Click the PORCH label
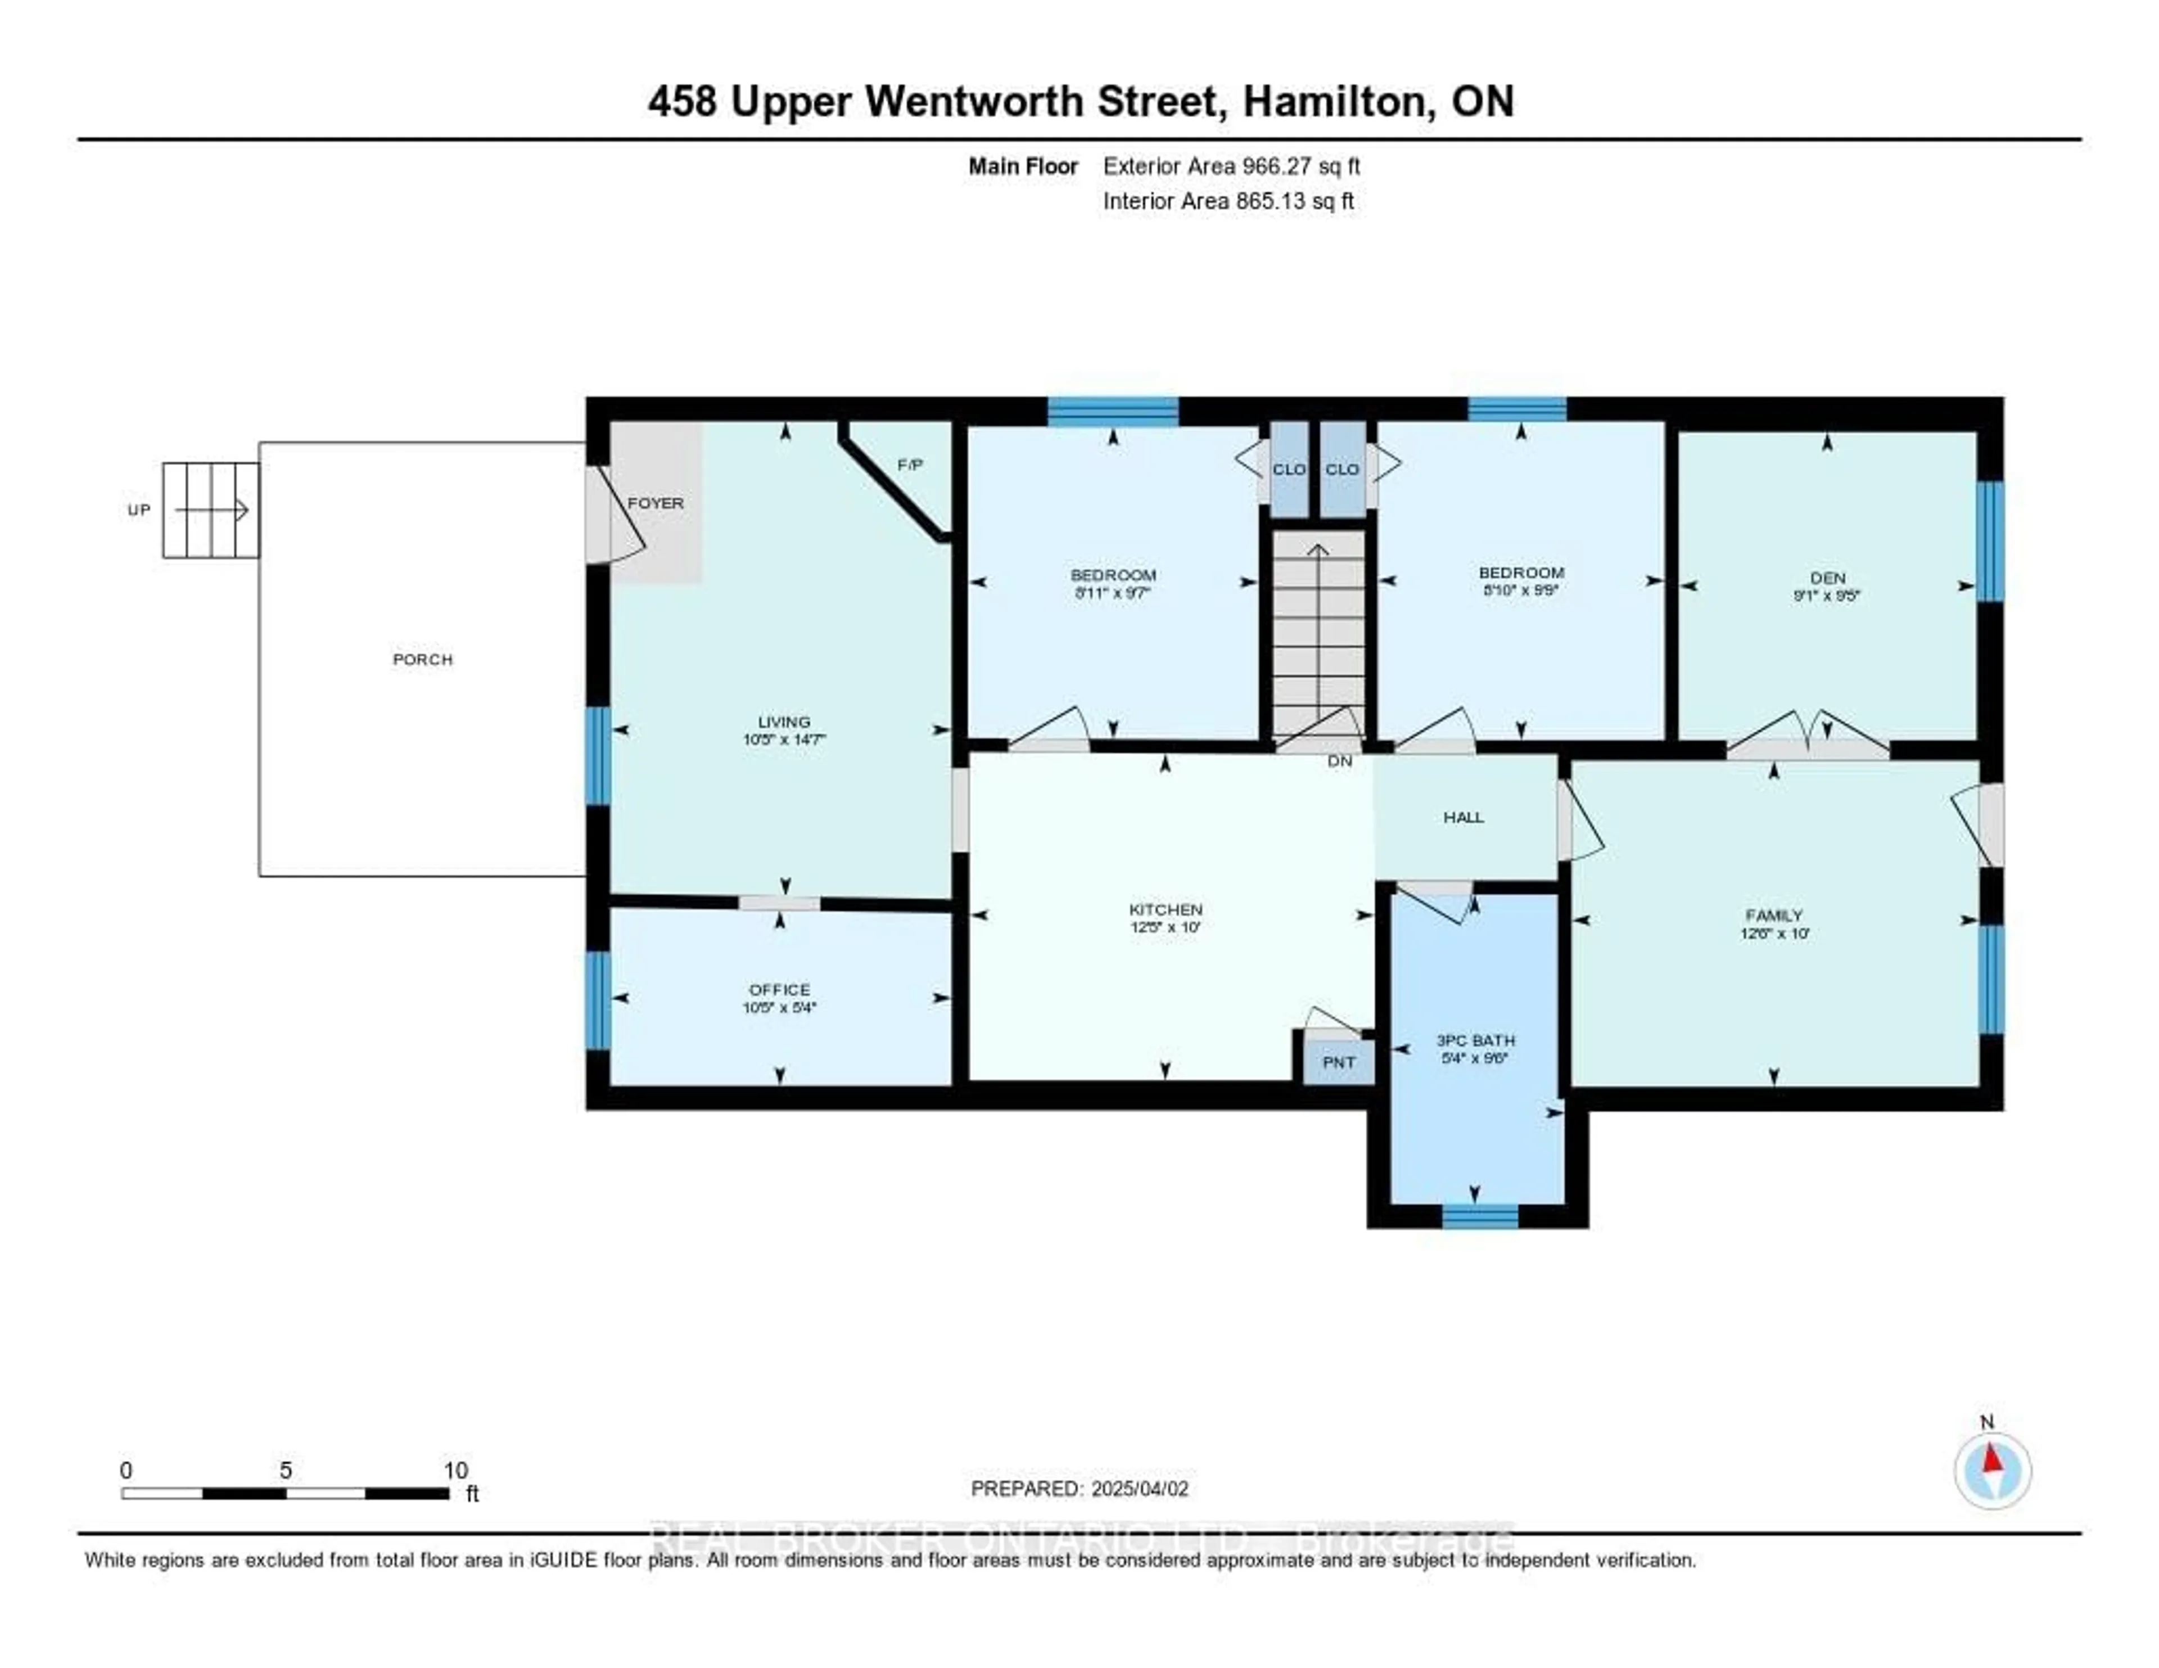click(x=422, y=660)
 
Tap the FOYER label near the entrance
click(x=656, y=503)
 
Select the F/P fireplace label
click(x=910, y=465)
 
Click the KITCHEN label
click(x=1166, y=909)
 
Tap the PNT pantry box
click(x=1339, y=1062)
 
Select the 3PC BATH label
click(x=1475, y=1040)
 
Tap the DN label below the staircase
click(x=1339, y=761)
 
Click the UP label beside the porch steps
click(x=138, y=510)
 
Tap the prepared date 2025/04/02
click(x=1139, y=1489)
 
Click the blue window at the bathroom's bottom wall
click(x=1479, y=1217)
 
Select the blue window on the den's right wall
click(x=1989, y=541)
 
